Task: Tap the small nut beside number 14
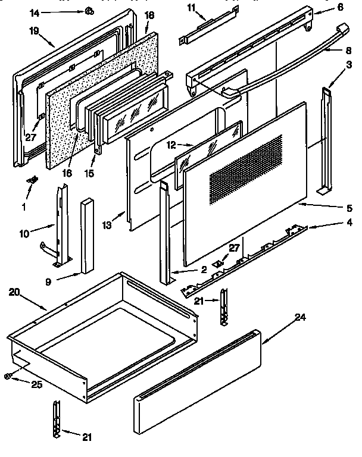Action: pyautogui.click(x=88, y=11)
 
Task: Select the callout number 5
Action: pyautogui.click(x=349, y=208)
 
